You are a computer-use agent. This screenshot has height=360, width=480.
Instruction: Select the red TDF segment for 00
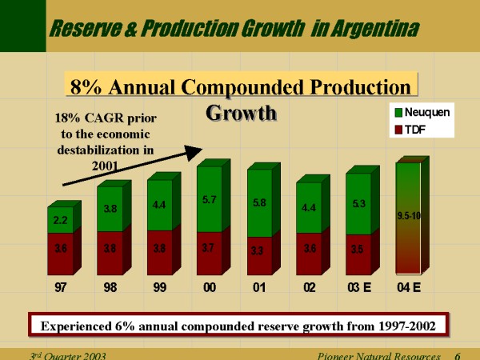[210, 250]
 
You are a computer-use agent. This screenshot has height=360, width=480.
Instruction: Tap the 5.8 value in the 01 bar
[259, 203]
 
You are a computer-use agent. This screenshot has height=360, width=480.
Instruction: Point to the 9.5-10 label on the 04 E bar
[408, 215]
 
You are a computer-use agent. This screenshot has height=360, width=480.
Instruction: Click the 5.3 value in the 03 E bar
[359, 205]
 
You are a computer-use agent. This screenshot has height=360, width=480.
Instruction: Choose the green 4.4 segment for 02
[309, 208]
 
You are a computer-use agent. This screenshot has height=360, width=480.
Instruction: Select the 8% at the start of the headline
[86, 86]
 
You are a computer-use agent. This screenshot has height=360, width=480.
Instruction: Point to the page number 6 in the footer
[457, 355]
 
